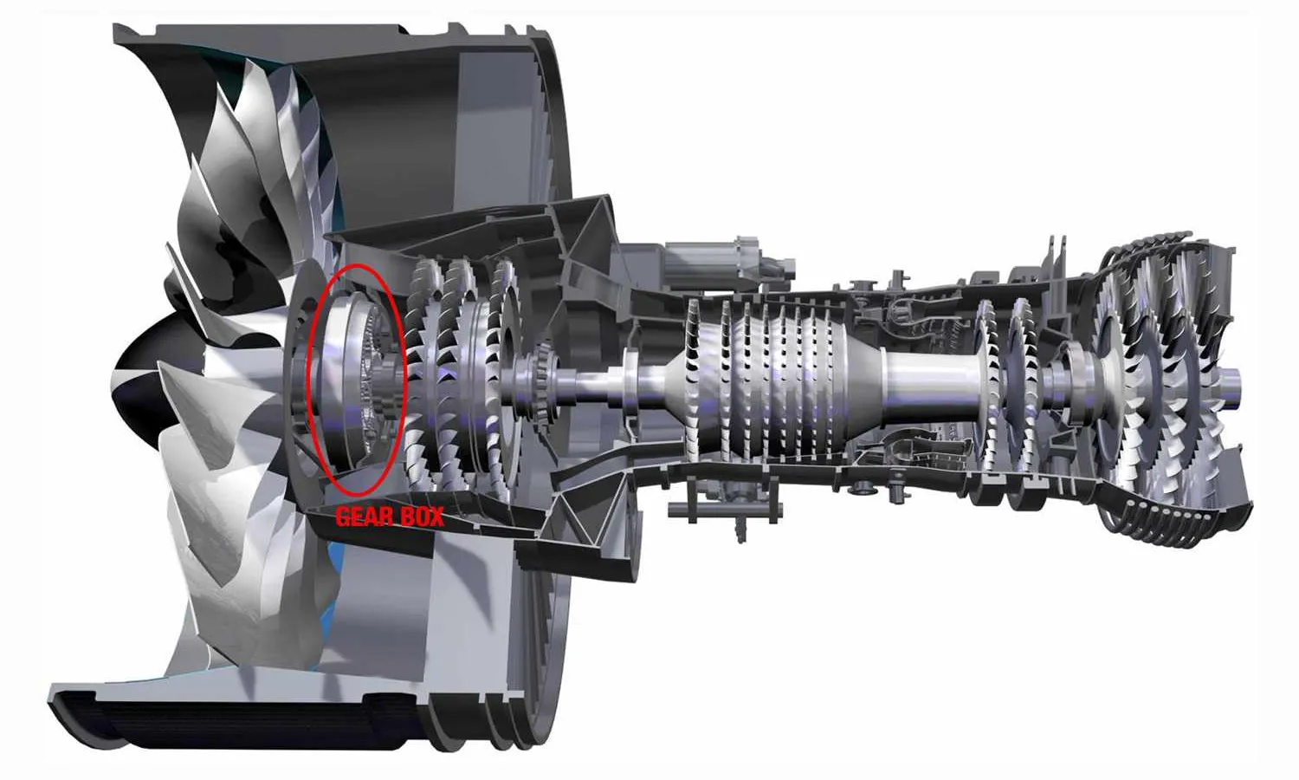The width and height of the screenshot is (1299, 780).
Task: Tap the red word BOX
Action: [x=422, y=516]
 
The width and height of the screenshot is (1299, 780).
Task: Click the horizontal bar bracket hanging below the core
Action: [x=725, y=510]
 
